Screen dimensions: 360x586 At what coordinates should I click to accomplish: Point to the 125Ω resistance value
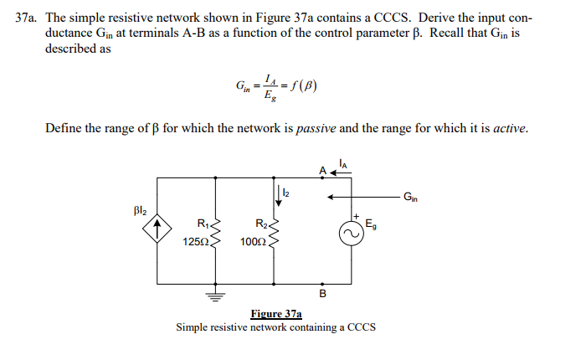tap(195, 242)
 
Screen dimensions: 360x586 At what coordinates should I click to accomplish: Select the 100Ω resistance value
tap(252, 242)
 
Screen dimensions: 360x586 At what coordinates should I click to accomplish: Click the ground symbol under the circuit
tap(216, 294)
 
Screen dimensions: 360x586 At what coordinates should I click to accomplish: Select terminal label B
tap(322, 293)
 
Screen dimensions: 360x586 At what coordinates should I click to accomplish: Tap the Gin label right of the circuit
tap(409, 198)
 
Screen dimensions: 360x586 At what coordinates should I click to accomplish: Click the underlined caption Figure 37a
tap(275, 314)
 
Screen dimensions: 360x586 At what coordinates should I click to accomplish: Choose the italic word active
tap(510, 128)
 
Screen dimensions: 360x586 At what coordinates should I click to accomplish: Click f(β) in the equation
tap(304, 85)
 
